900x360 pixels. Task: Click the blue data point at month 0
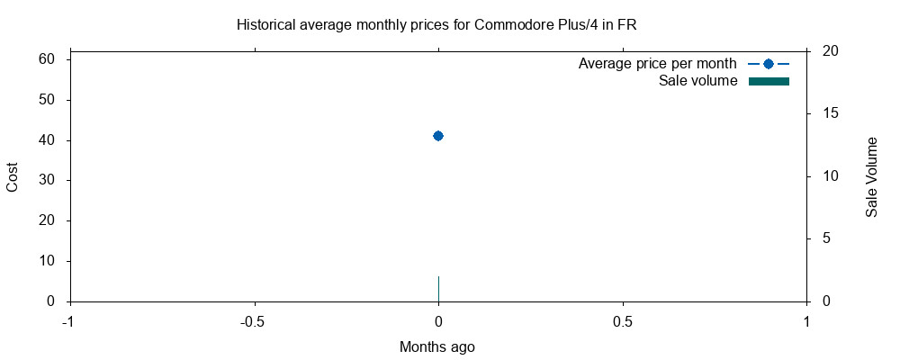pos(438,136)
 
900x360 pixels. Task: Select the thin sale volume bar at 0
pos(438,289)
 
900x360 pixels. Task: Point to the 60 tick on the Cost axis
pos(47,59)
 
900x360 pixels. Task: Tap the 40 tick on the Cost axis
pos(47,140)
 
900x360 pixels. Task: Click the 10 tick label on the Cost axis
pos(47,261)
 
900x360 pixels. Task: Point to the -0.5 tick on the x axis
pos(254,321)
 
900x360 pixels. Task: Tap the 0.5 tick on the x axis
pos(623,321)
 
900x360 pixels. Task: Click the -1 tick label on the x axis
pos(69,321)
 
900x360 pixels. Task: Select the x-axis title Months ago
pos(437,346)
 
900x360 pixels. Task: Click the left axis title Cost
pos(13,176)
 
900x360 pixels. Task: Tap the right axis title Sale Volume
pos(871,176)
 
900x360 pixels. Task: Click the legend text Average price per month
pos(658,64)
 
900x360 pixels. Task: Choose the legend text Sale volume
pos(698,82)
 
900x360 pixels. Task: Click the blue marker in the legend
pos(768,64)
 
